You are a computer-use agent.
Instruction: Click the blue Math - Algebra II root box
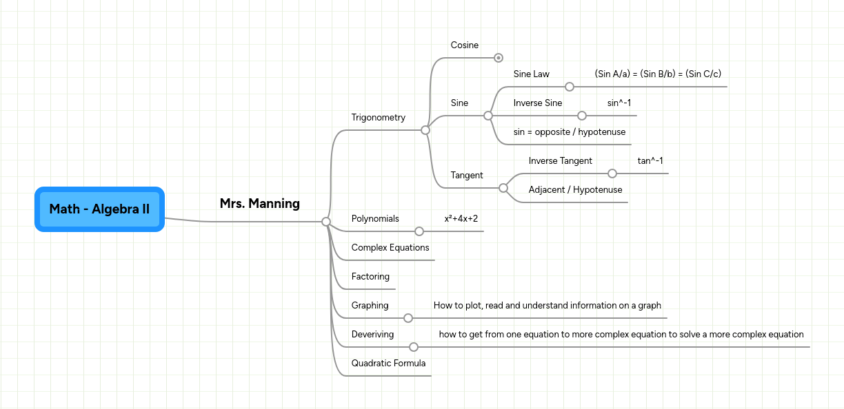tap(99, 209)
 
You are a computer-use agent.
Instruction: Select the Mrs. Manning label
tap(259, 204)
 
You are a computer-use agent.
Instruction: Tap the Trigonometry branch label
tap(378, 118)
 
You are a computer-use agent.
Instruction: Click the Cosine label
tap(464, 45)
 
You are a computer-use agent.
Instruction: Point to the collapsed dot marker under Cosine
tap(499, 58)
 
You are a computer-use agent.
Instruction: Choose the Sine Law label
tap(531, 74)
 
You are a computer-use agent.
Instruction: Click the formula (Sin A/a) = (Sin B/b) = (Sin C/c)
tap(657, 74)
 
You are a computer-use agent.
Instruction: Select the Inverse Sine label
tap(537, 103)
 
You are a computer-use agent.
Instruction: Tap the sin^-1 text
tap(619, 103)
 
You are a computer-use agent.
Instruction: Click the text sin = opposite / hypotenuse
tap(569, 132)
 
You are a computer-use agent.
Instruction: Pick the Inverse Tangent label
tap(560, 161)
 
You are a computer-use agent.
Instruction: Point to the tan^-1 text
tap(650, 161)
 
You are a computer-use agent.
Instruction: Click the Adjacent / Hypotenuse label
tap(575, 190)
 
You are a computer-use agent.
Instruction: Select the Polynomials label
tap(375, 219)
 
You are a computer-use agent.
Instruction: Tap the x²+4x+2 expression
tap(461, 219)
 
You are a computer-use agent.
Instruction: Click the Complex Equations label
tap(390, 248)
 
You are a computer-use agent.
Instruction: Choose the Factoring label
tap(370, 277)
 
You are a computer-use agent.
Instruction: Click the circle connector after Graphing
tap(408, 318)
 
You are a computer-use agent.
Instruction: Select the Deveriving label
tap(372, 335)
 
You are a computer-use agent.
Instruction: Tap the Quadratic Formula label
tap(388, 364)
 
